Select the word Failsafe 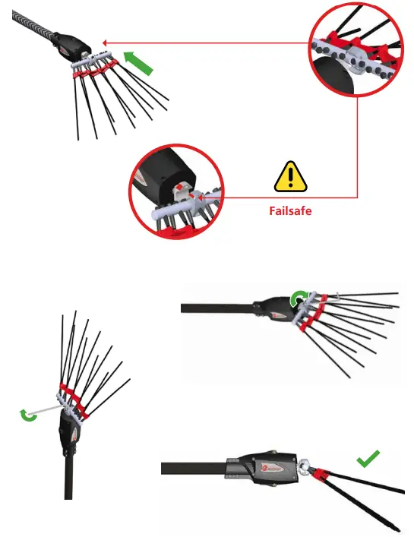pos(290,211)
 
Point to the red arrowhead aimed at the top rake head pos(105,43)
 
